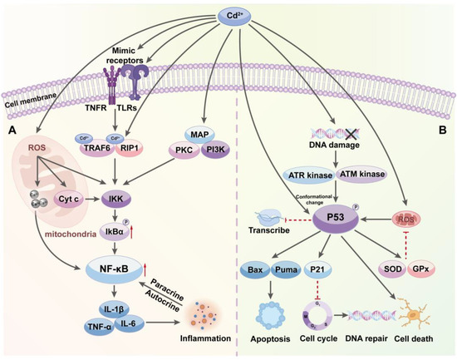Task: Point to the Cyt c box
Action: (69, 200)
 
